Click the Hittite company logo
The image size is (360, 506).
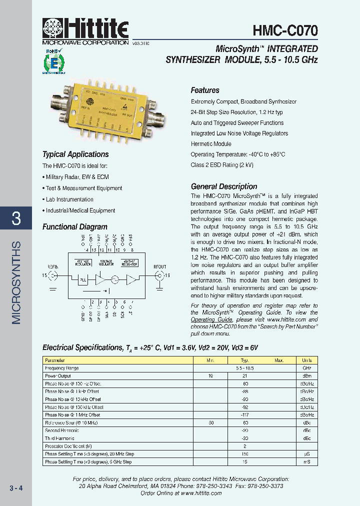pos(85,29)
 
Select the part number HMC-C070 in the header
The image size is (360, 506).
pos(284,31)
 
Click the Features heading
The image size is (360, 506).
pos(205,90)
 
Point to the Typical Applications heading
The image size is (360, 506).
pos(75,154)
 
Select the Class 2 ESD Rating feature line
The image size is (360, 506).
pos(222,165)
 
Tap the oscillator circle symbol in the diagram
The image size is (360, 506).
pos(115,279)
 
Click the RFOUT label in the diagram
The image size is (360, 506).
pos(159,267)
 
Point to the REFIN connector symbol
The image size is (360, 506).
pos(53,275)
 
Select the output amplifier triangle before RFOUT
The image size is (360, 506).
pos(131,279)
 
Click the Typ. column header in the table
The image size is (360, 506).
pos(245,360)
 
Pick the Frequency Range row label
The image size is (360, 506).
pos(62,368)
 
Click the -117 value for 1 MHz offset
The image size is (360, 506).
pos(245,414)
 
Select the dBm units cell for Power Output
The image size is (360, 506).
pos(306,375)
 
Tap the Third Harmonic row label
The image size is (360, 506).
pos(59,438)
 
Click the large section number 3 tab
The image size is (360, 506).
pos(16,218)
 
